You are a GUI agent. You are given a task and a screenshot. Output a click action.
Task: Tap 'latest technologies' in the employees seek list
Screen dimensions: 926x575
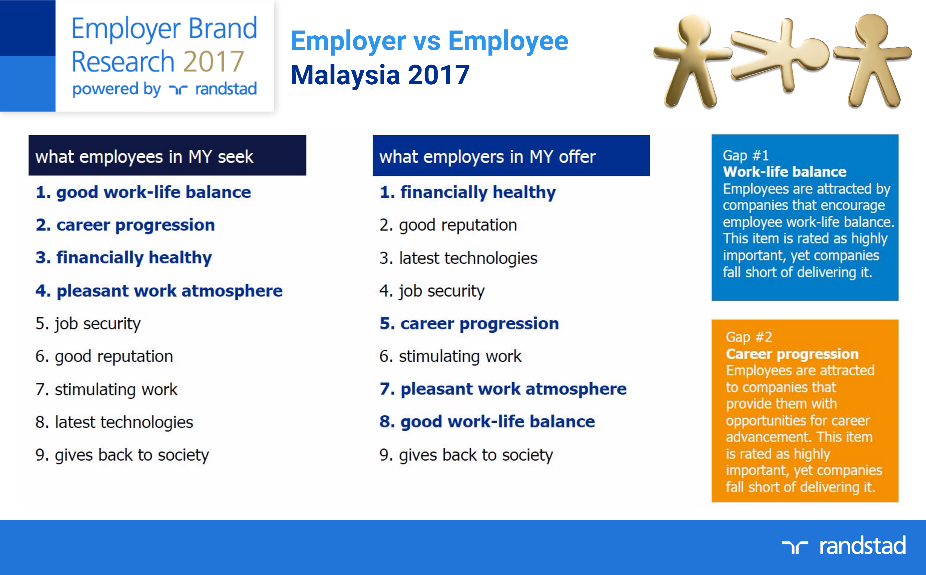pyautogui.click(x=124, y=422)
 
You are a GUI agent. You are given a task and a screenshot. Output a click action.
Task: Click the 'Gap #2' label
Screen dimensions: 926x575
pyautogui.click(x=749, y=337)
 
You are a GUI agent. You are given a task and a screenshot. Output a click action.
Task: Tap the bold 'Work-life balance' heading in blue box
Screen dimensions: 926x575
pyautogui.click(x=785, y=172)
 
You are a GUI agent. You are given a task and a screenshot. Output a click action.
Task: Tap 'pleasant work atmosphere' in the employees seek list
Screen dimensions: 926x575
pyautogui.click(x=169, y=291)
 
